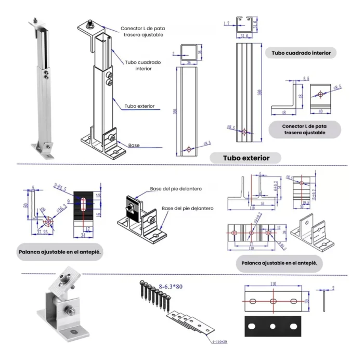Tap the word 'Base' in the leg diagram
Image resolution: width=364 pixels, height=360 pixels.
pyautogui.click(x=134, y=145)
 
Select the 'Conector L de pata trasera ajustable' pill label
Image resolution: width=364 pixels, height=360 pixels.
pyautogui.click(x=305, y=129)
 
